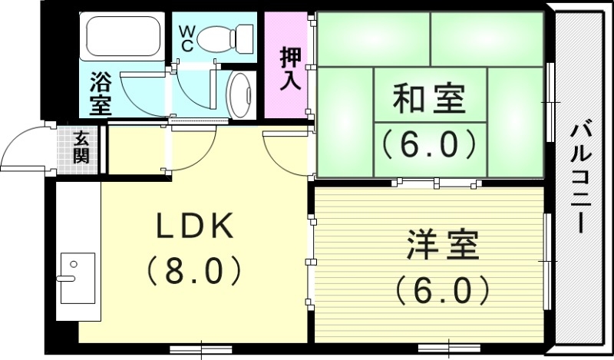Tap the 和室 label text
coord(429,99)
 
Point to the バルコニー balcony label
coord(579,176)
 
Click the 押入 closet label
coord(290,69)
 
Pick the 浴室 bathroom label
coord(101,91)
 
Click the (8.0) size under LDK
coord(194,269)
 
